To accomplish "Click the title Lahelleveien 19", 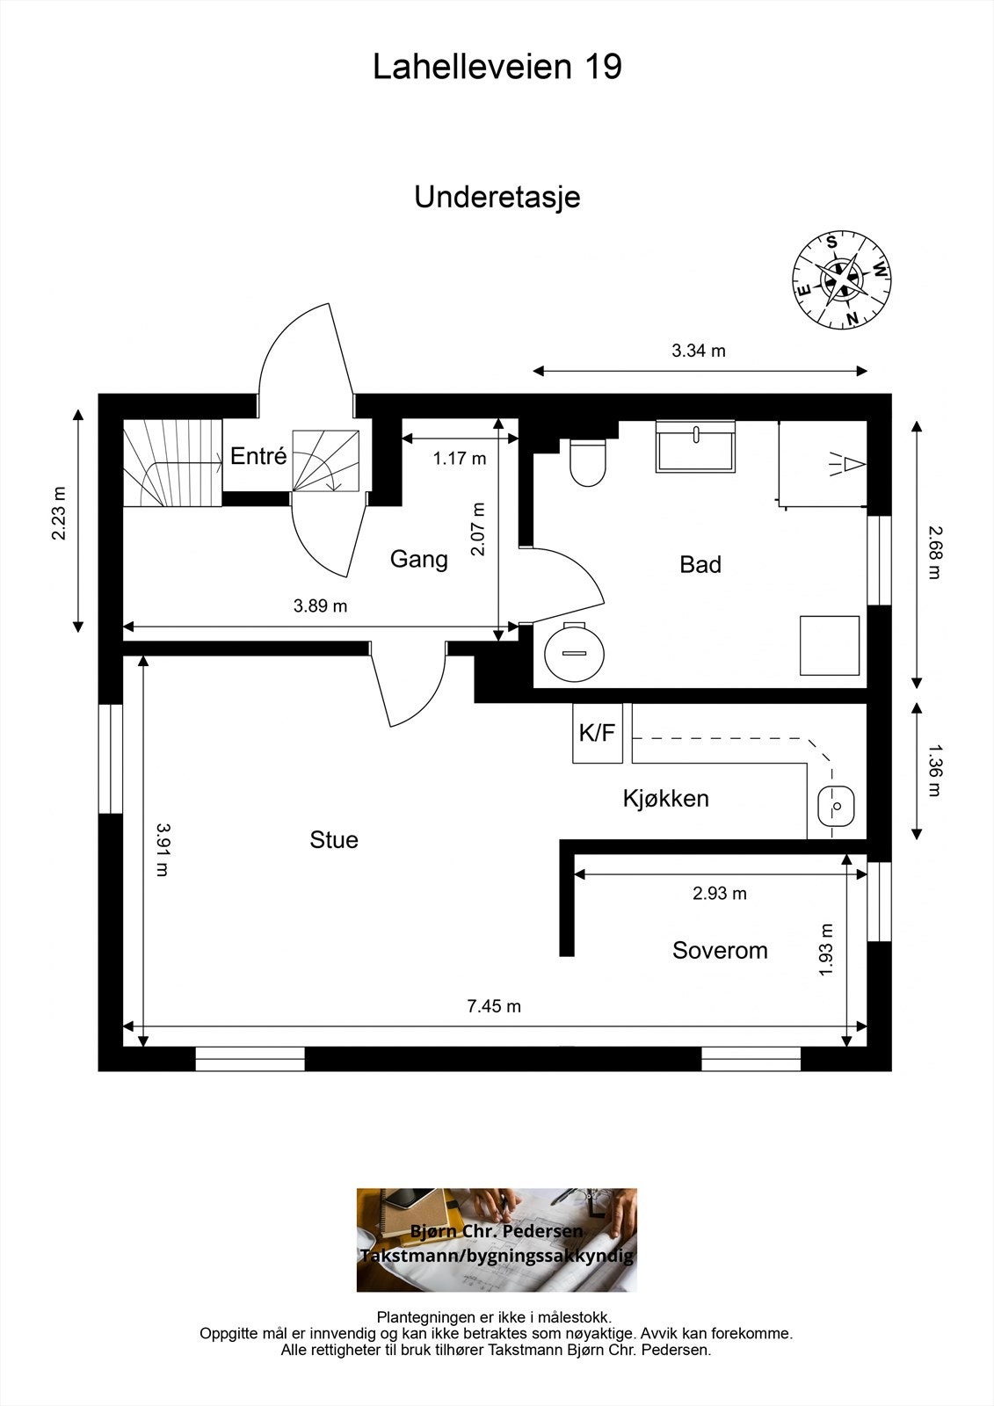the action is click(497, 67).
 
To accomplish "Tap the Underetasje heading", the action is click(497, 198).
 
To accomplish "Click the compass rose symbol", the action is click(841, 279).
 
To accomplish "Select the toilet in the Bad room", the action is click(588, 462).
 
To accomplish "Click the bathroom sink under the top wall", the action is click(695, 446).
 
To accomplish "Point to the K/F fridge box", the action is click(597, 733).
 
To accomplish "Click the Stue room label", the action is click(334, 840).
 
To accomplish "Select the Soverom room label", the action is click(720, 950).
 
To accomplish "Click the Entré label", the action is click(258, 456).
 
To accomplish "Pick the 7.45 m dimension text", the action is click(494, 1006).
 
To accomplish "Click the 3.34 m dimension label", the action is click(699, 351).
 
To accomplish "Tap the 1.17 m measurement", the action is click(460, 458).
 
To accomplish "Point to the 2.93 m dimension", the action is click(720, 893).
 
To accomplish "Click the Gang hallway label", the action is click(419, 559).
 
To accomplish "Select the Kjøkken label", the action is click(666, 799).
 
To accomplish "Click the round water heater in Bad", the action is click(574, 652).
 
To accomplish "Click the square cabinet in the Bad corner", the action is click(830, 645).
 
